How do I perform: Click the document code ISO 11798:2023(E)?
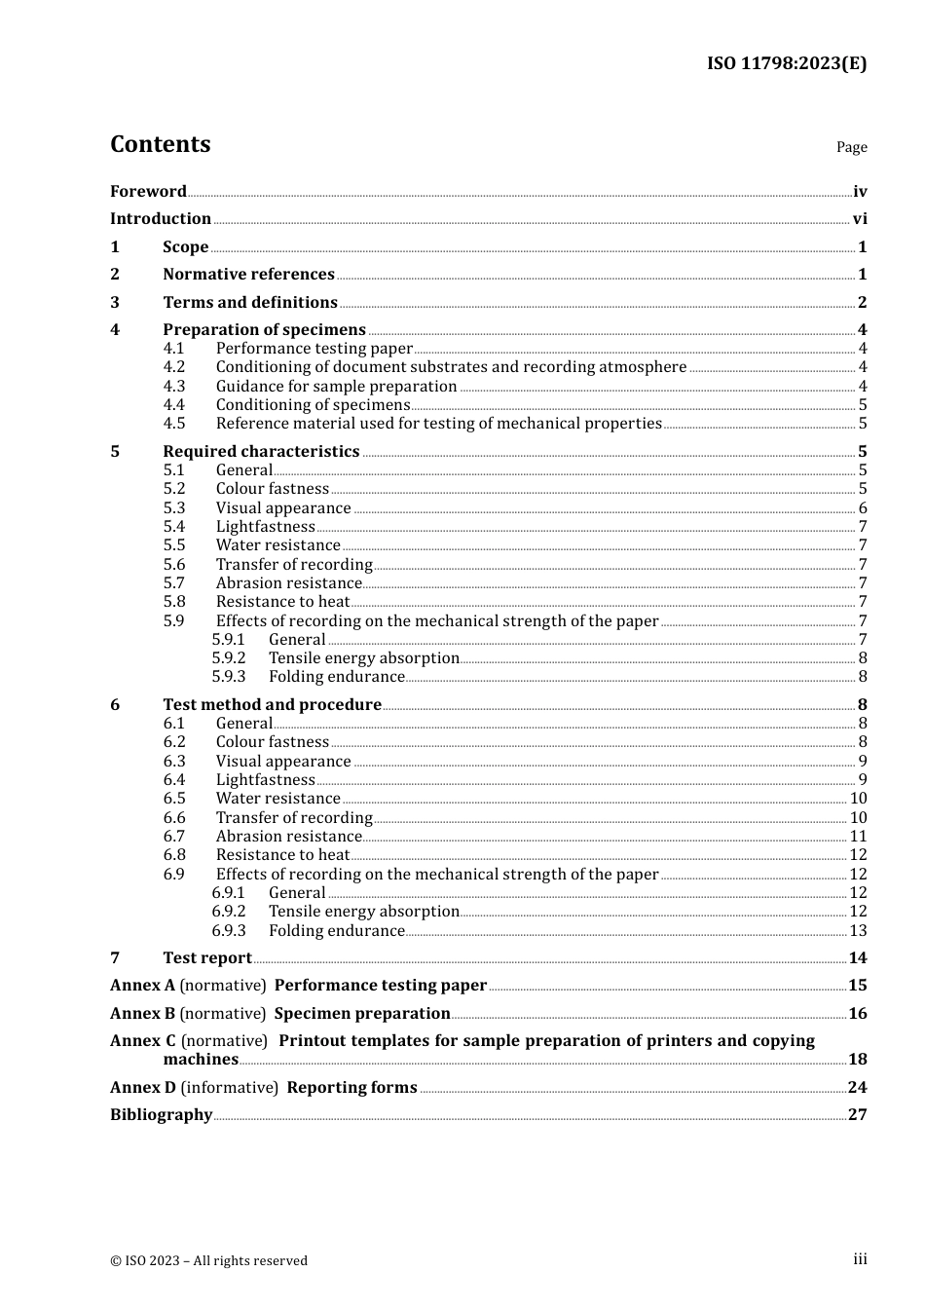click(786, 63)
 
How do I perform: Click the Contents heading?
click(160, 144)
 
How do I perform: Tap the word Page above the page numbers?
click(851, 147)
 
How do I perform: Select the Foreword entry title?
click(148, 192)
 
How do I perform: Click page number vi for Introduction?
click(859, 219)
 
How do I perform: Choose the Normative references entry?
click(248, 275)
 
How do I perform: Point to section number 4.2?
click(174, 367)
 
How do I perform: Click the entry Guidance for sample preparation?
click(336, 387)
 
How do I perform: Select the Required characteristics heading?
click(261, 452)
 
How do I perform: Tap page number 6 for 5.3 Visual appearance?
click(862, 508)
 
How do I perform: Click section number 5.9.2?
click(229, 658)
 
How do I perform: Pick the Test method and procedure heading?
click(272, 705)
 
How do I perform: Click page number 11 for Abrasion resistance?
click(858, 837)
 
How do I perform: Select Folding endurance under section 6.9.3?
click(336, 931)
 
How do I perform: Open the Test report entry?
click(207, 958)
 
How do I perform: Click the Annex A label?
click(142, 986)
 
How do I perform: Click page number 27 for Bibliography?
click(857, 1115)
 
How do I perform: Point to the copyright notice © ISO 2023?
click(208, 1261)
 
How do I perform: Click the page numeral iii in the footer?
click(860, 1259)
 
